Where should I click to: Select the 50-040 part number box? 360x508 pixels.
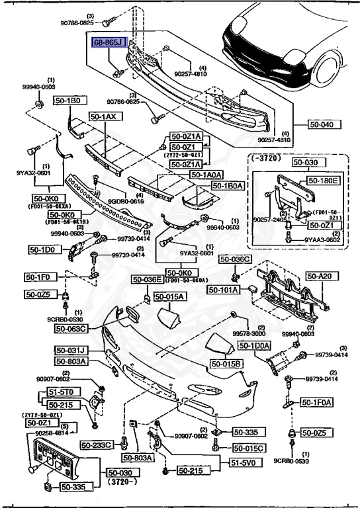click(324, 124)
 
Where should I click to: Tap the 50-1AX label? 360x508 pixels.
click(103, 116)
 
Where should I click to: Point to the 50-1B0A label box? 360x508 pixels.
click(228, 187)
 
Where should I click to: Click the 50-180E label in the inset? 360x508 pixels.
click(324, 179)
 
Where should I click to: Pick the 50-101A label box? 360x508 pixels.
click(224, 289)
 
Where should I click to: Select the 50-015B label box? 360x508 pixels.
click(227, 364)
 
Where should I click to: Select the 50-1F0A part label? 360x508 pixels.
click(317, 402)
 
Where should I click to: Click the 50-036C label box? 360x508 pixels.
click(235, 259)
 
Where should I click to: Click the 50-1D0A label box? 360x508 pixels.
click(253, 346)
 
